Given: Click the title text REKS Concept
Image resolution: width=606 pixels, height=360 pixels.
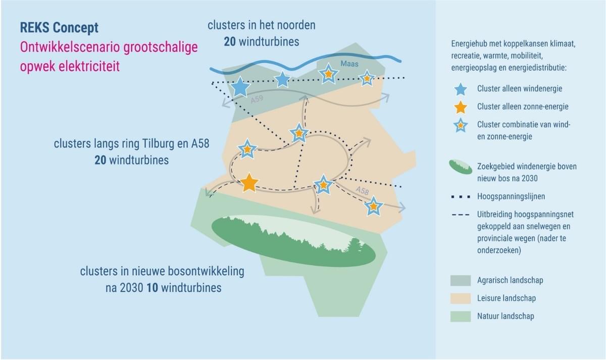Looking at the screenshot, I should point(59,27).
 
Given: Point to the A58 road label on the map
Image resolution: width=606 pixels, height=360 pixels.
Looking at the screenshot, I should point(362,190).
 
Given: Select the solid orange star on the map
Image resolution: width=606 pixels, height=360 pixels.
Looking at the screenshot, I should point(249,183).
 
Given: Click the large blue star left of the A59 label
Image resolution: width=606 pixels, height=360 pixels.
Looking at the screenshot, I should point(240,87).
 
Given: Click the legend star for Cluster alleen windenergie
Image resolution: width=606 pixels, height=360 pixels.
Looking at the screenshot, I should point(460,89).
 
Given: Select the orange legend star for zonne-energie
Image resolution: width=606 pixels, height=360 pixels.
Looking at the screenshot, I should point(460,107).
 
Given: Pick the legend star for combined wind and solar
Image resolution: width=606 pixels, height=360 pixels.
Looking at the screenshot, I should point(460,125).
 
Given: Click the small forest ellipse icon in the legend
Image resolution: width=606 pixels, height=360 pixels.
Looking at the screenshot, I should point(460,167).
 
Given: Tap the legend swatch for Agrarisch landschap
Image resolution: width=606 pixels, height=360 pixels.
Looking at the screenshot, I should point(460,280).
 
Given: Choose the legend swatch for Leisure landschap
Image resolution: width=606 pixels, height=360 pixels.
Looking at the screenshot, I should point(460,298).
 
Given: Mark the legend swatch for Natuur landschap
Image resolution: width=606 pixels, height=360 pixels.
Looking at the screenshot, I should point(460,317).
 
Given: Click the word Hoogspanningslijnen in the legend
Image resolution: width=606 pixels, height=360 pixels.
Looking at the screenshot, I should point(510,196).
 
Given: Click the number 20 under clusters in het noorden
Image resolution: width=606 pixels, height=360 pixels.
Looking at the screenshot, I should point(230,41).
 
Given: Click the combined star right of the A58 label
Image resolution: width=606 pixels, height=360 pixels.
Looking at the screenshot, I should point(373,206).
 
